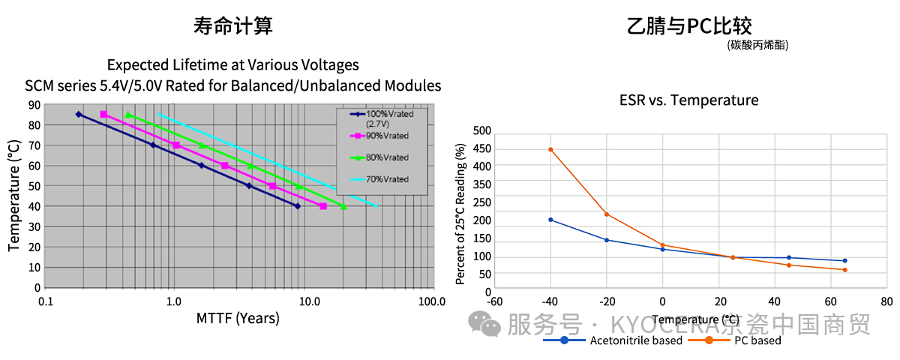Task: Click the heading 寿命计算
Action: click(x=232, y=27)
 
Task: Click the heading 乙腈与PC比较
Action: click(x=689, y=27)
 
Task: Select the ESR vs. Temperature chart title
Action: click(x=688, y=100)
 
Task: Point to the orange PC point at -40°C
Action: click(x=550, y=149)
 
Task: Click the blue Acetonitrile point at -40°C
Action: click(x=550, y=220)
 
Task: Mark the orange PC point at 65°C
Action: click(x=844, y=270)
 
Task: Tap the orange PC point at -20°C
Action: click(x=607, y=214)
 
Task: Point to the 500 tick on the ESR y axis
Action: click(x=482, y=130)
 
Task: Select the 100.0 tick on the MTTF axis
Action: click(x=432, y=301)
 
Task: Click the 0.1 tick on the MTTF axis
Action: click(x=45, y=301)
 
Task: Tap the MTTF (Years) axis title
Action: click(x=238, y=318)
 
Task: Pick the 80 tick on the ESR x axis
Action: click(x=886, y=301)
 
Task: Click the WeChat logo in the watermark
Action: click(x=484, y=324)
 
